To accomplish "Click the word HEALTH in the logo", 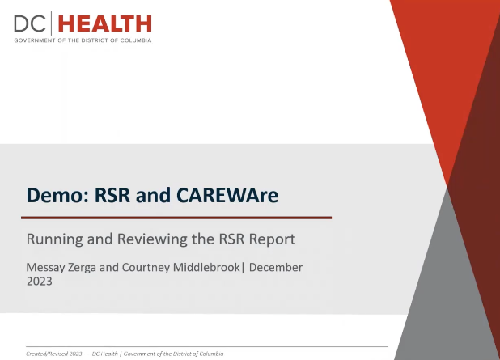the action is click(105, 24).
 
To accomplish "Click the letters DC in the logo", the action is click(30, 24).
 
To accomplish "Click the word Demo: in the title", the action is click(57, 195).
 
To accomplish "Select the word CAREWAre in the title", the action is click(227, 195).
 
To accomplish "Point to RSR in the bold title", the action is click(112, 195).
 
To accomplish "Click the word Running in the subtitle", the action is click(54, 239).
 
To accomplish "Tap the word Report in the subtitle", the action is click(273, 239).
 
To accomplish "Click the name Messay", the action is click(45, 268).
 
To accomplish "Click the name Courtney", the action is click(146, 268).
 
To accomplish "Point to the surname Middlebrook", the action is click(206, 267).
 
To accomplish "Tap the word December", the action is click(276, 267).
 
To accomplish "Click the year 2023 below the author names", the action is click(39, 282).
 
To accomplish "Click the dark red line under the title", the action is click(176, 218).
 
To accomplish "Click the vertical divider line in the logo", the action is click(51, 23).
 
